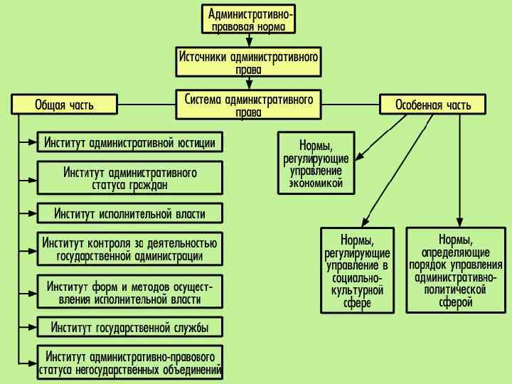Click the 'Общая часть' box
(x=64, y=105)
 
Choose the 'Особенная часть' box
(x=433, y=105)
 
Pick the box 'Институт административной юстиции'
(x=129, y=142)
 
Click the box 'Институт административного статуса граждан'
(x=129, y=178)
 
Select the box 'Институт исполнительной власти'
(x=129, y=213)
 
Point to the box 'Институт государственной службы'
(x=129, y=327)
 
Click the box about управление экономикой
(x=316, y=162)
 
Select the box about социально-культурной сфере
(x=357, y=270)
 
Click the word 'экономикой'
(x=316, y=183)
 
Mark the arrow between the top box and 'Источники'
(x=249, y=41)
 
